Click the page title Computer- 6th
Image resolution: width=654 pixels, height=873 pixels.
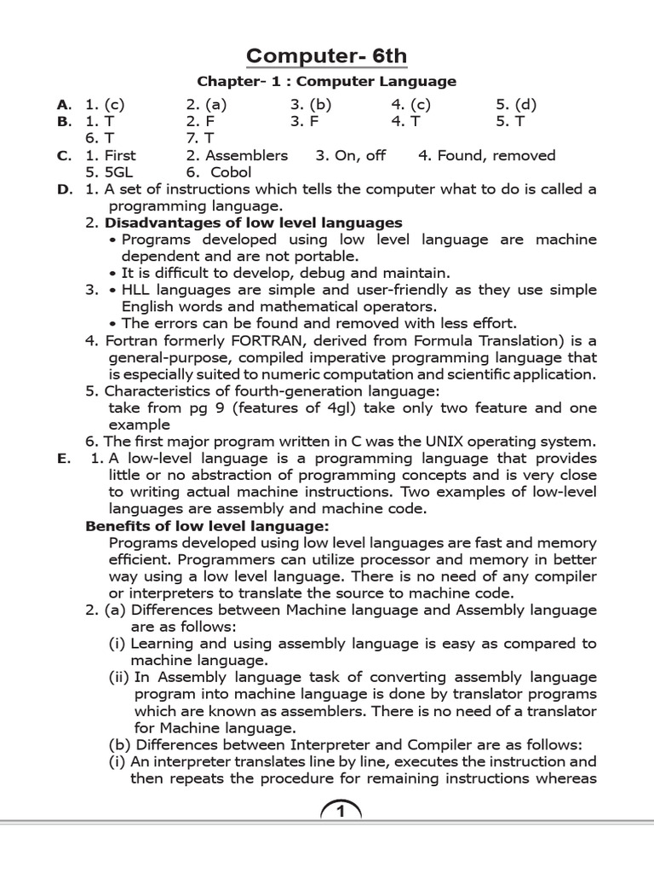327,56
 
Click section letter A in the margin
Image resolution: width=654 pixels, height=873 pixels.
63,106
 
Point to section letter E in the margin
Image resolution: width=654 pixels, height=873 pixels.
62,459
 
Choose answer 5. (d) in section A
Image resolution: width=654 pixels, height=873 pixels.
517,106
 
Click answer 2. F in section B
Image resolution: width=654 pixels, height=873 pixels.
199,122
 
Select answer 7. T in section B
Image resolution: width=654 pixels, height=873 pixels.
200,138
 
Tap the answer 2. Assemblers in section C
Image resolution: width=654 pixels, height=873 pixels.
237,156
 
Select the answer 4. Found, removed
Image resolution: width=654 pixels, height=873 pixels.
486,156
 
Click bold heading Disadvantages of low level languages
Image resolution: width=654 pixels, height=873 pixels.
254,223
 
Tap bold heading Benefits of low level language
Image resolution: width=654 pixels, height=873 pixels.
207,526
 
